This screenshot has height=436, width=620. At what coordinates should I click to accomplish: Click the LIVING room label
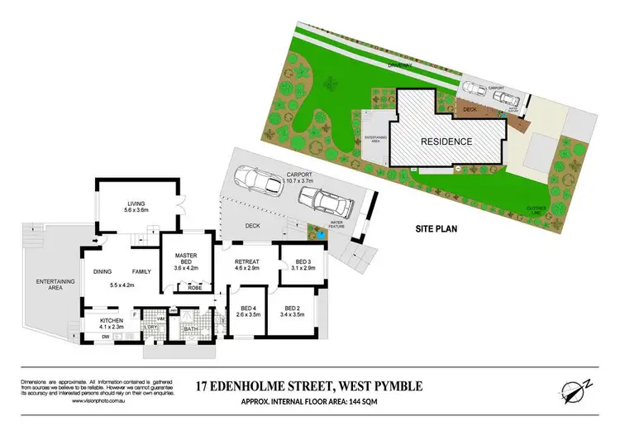pyautogui.click(x=136, y=203)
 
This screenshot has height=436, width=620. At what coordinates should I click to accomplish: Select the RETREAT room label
pyautogui.click(x=247, y=261)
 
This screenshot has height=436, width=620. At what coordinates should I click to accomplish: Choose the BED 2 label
pyautogui.click(x=294, y=309)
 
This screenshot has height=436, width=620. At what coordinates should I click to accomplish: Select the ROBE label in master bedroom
pyautogui.click(x=194, y=287)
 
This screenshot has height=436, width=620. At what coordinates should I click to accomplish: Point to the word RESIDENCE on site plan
pyautogui.click(x=446, y=141)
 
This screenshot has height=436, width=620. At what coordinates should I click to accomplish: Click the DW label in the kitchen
pyautogui.click(x=107, y=337)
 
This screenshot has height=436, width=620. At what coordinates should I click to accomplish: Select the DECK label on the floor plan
pyautogui.click(x=252, y=225)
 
